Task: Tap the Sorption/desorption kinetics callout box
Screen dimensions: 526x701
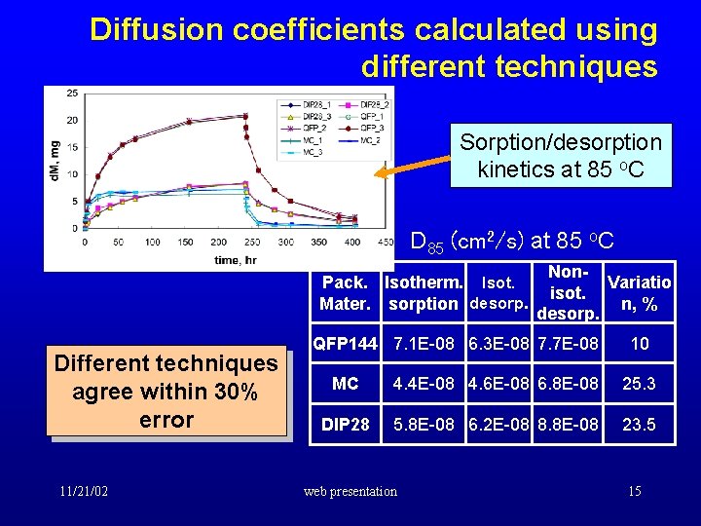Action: pyautogui.click(x=560, y=156)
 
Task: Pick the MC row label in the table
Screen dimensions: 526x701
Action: pyautogui.click(x=345, y=384)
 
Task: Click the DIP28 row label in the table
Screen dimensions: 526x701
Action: pyautogui.click(x=345, y=425)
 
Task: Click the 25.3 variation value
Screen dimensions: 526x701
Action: pyautogui.click(x=639, y=384)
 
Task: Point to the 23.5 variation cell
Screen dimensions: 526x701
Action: pyautogui.click(x=639, y=425)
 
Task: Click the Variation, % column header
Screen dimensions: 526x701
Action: pyautogui.click(x=639, y=293)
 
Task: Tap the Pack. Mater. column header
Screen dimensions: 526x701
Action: pyautogui.click(x=345, y=293)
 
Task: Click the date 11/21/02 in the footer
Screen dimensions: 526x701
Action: pyautogui.click(x=82, y=491)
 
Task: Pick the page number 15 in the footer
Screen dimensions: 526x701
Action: pyautogui.click(x=635, y=491)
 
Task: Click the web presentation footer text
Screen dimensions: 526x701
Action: pyautogui.click(x=350, y=491)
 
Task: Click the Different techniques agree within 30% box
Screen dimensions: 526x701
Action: pyautogui.click(x=166, y=392)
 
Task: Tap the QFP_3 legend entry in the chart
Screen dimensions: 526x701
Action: pyautogui.click(x=376, y=127)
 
